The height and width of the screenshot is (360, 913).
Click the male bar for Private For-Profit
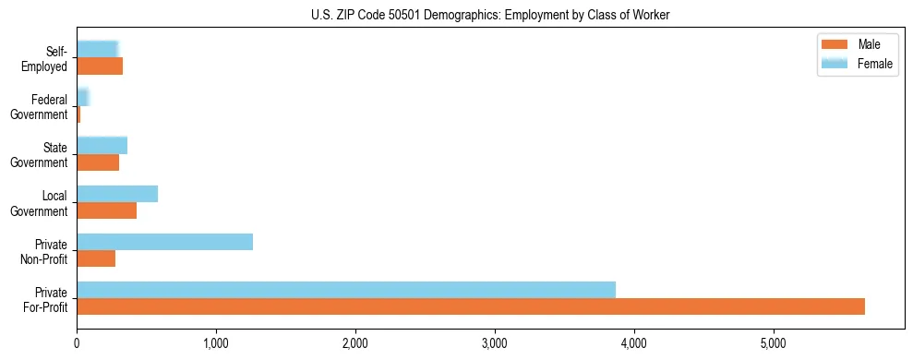(471, 306)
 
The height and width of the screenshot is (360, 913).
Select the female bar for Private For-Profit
(346, 290)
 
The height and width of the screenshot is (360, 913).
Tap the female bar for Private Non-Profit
(164, 242)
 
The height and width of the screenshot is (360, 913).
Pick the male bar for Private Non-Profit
(96, 258)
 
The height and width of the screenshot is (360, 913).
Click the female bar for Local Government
(117, 194)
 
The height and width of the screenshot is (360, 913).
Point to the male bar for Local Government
(106, 210)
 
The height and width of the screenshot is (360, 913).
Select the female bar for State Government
(102, 145)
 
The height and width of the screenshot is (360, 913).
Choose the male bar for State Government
(98, 162)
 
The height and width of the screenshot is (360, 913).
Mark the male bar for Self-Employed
(100, 66)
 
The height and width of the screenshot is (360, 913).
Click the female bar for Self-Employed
(97, 49)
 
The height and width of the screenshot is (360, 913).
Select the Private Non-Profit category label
(45, 251)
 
